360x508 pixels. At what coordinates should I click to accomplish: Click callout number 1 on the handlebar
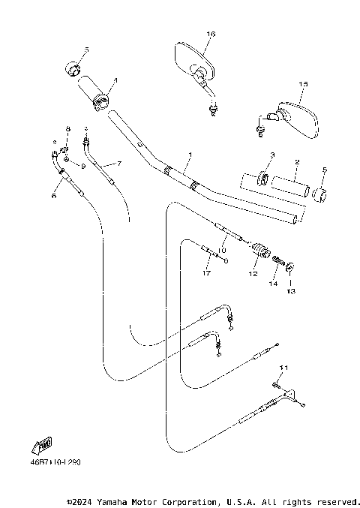point(190,155)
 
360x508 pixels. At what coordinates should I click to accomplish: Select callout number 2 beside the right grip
point(297,162)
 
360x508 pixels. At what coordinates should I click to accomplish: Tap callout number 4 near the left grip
point(115,80)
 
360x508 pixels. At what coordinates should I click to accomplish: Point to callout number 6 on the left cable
point(53,195)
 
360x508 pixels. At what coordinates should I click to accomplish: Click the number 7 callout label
point(118,163)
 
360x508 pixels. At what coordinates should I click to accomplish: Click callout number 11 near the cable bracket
point(283,367)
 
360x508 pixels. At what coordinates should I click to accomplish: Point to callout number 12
point(253,275)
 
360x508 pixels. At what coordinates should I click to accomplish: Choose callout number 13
point(291,290)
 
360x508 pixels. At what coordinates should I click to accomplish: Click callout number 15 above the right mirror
point(304,85)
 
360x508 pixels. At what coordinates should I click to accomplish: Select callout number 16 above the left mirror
point(211,34)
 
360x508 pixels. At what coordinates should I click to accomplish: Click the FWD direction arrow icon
point(44,446)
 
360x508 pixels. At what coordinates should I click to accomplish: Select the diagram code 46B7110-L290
point(57,462)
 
